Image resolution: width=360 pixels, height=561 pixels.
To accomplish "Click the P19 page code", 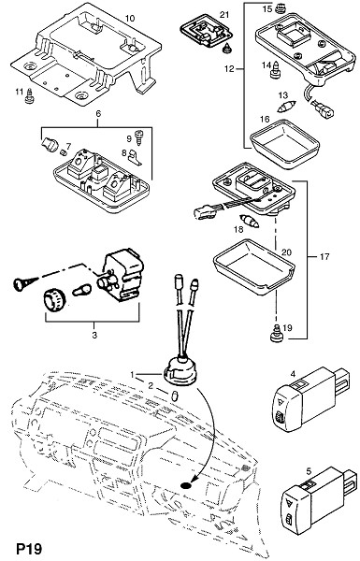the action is [29, 548].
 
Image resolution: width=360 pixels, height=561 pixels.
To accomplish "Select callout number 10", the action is [130, 18].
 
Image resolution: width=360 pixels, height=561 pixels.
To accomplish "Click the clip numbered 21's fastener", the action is [226, 48].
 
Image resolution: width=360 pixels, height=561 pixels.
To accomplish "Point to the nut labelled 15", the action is [281, 7].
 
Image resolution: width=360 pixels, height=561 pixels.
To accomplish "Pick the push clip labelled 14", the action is [275, 69].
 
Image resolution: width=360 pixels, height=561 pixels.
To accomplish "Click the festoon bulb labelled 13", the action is [287, 106].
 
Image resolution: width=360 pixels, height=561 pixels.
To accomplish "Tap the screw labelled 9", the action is [138, 137].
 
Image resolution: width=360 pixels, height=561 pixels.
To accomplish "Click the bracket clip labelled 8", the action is [135, 157].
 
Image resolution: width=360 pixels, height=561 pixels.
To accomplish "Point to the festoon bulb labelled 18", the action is [250, 221].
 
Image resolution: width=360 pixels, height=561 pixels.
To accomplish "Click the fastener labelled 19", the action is [276, 333].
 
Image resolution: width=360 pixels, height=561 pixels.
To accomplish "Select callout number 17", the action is [324, 257].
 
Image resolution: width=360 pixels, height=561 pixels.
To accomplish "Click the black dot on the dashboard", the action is [186, 485].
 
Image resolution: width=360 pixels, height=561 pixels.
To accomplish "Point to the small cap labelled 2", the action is [175, 396].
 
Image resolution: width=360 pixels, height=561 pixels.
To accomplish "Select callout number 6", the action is [98, 114].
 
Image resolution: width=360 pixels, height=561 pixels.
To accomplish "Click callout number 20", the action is [286, 252].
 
